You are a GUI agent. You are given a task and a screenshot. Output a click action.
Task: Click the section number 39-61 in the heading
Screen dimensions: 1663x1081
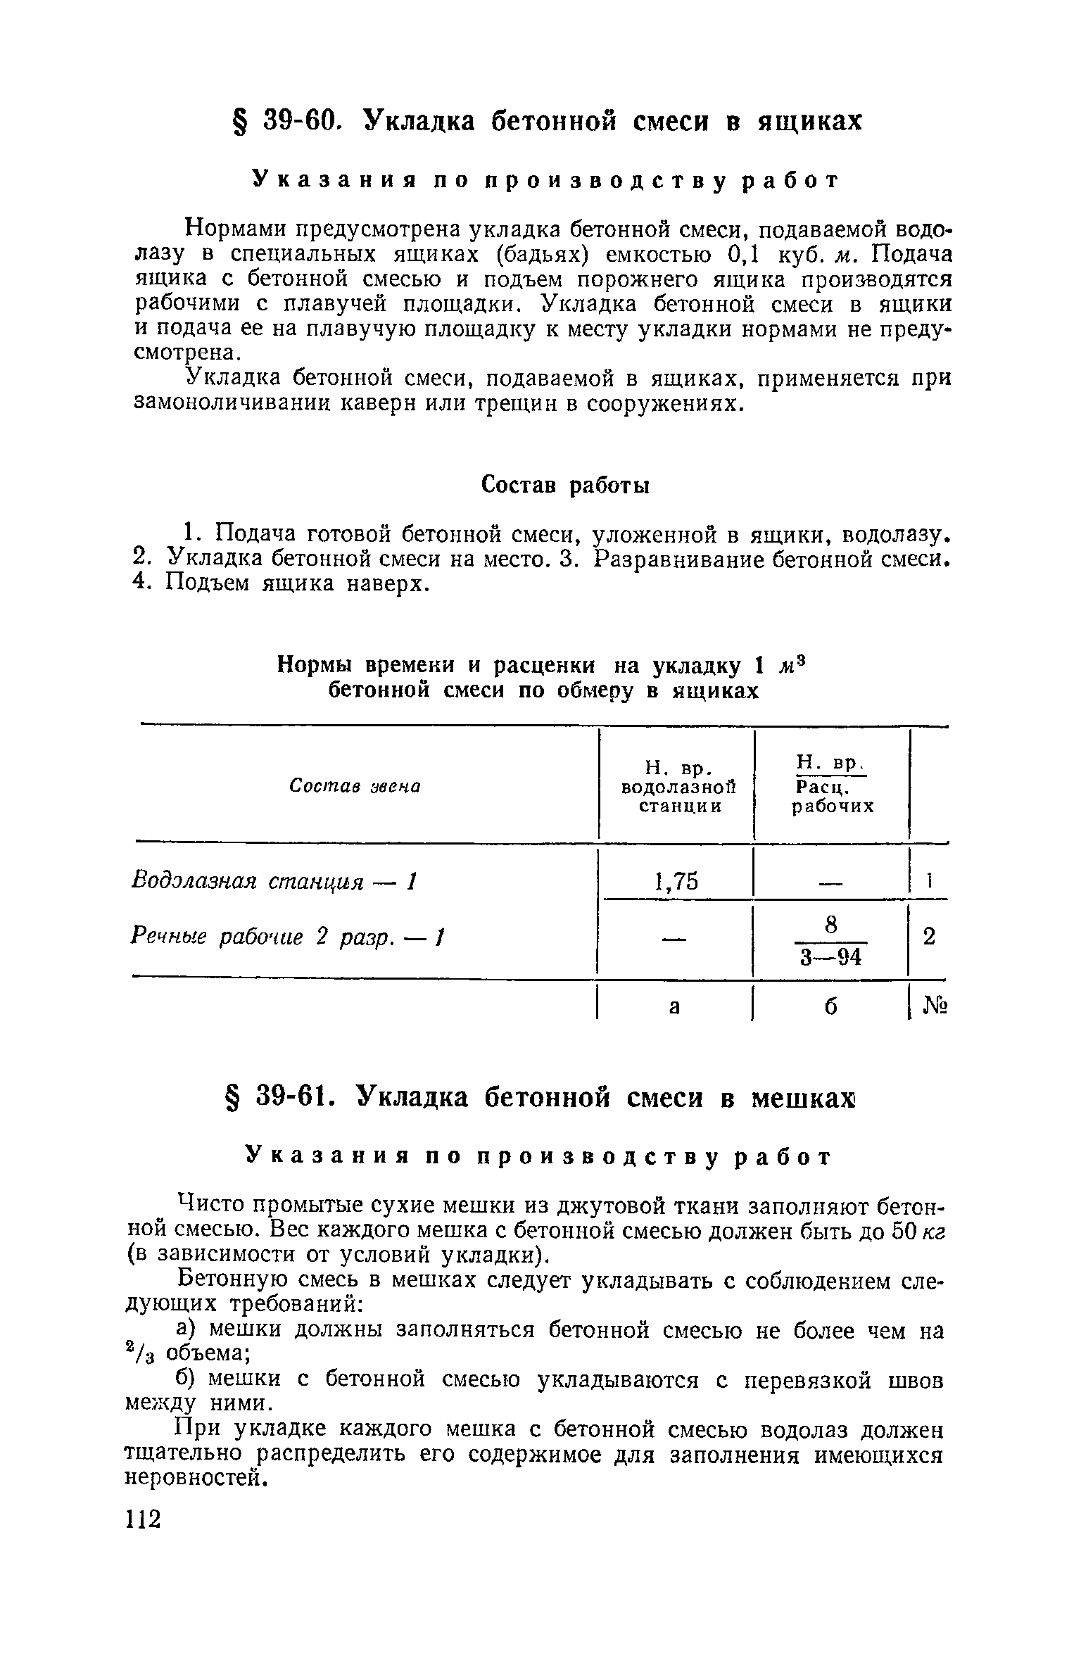[x=296, y=1096]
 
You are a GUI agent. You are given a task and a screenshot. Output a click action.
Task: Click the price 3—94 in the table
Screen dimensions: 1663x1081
[x=830, y=958]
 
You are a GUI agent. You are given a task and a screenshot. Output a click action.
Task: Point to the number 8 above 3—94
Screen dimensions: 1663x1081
[x=831, y=926]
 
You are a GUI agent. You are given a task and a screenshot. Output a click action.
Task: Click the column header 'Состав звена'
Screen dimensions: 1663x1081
[x=355, y=786]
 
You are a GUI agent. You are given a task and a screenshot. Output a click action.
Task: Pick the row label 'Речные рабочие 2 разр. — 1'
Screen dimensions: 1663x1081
[x=289, y=937]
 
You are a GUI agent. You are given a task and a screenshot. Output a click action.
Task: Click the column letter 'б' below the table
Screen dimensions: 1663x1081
[x=831, y=1007]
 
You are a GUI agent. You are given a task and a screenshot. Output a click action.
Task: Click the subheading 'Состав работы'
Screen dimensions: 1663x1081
[x=565, y=486]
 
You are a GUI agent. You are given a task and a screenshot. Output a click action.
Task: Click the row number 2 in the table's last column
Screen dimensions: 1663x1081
[x=929, y=937]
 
